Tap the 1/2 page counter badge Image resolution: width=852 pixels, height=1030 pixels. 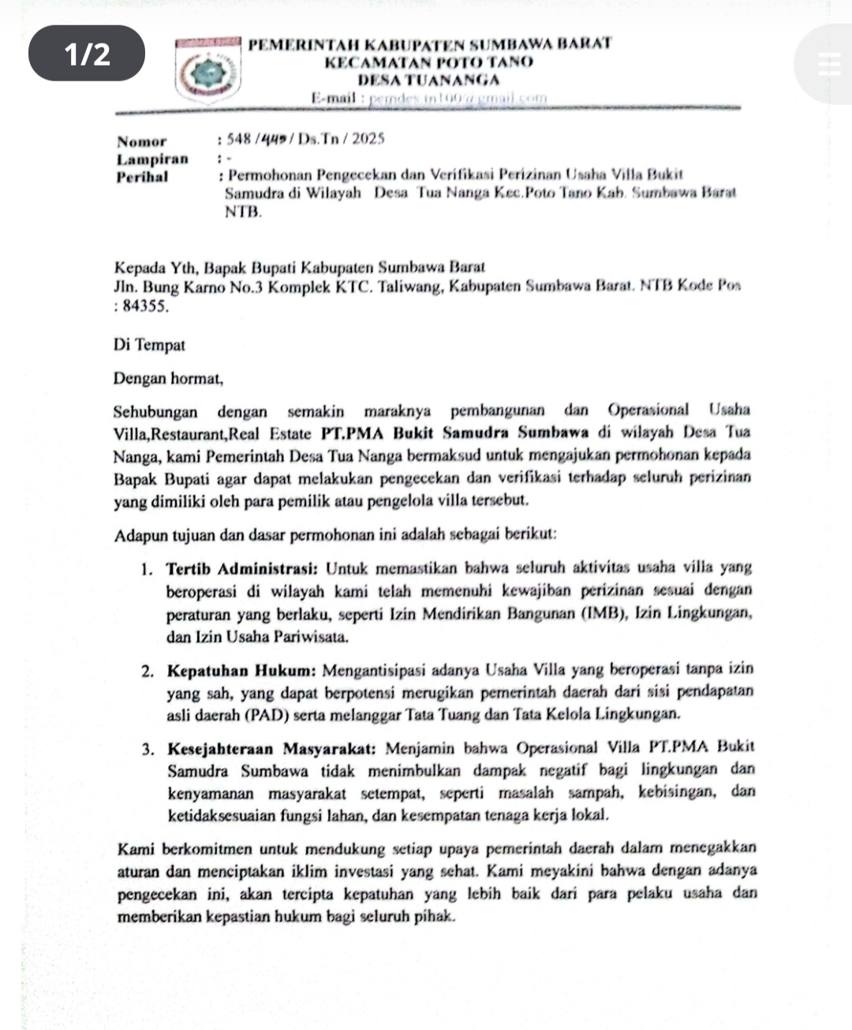pyautogui.click(x=87, y=54)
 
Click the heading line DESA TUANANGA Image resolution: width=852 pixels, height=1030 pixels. pyautogui.click(x=428, y=80)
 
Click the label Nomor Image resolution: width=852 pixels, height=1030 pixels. pyautogui.click(x=142, y=142)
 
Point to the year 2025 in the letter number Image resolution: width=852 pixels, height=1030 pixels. pyautogui.click(x=368, y=140)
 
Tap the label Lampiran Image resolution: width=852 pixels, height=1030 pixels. pyautogui.click(x=153, y=159)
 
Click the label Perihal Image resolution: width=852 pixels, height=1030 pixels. pyautogui.click(x=142, y=177)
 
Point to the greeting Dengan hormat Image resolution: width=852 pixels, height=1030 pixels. pyautogui.click(x=168, y=379)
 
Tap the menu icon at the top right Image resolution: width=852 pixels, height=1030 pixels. pyautogui.click(x=829, y=63)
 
